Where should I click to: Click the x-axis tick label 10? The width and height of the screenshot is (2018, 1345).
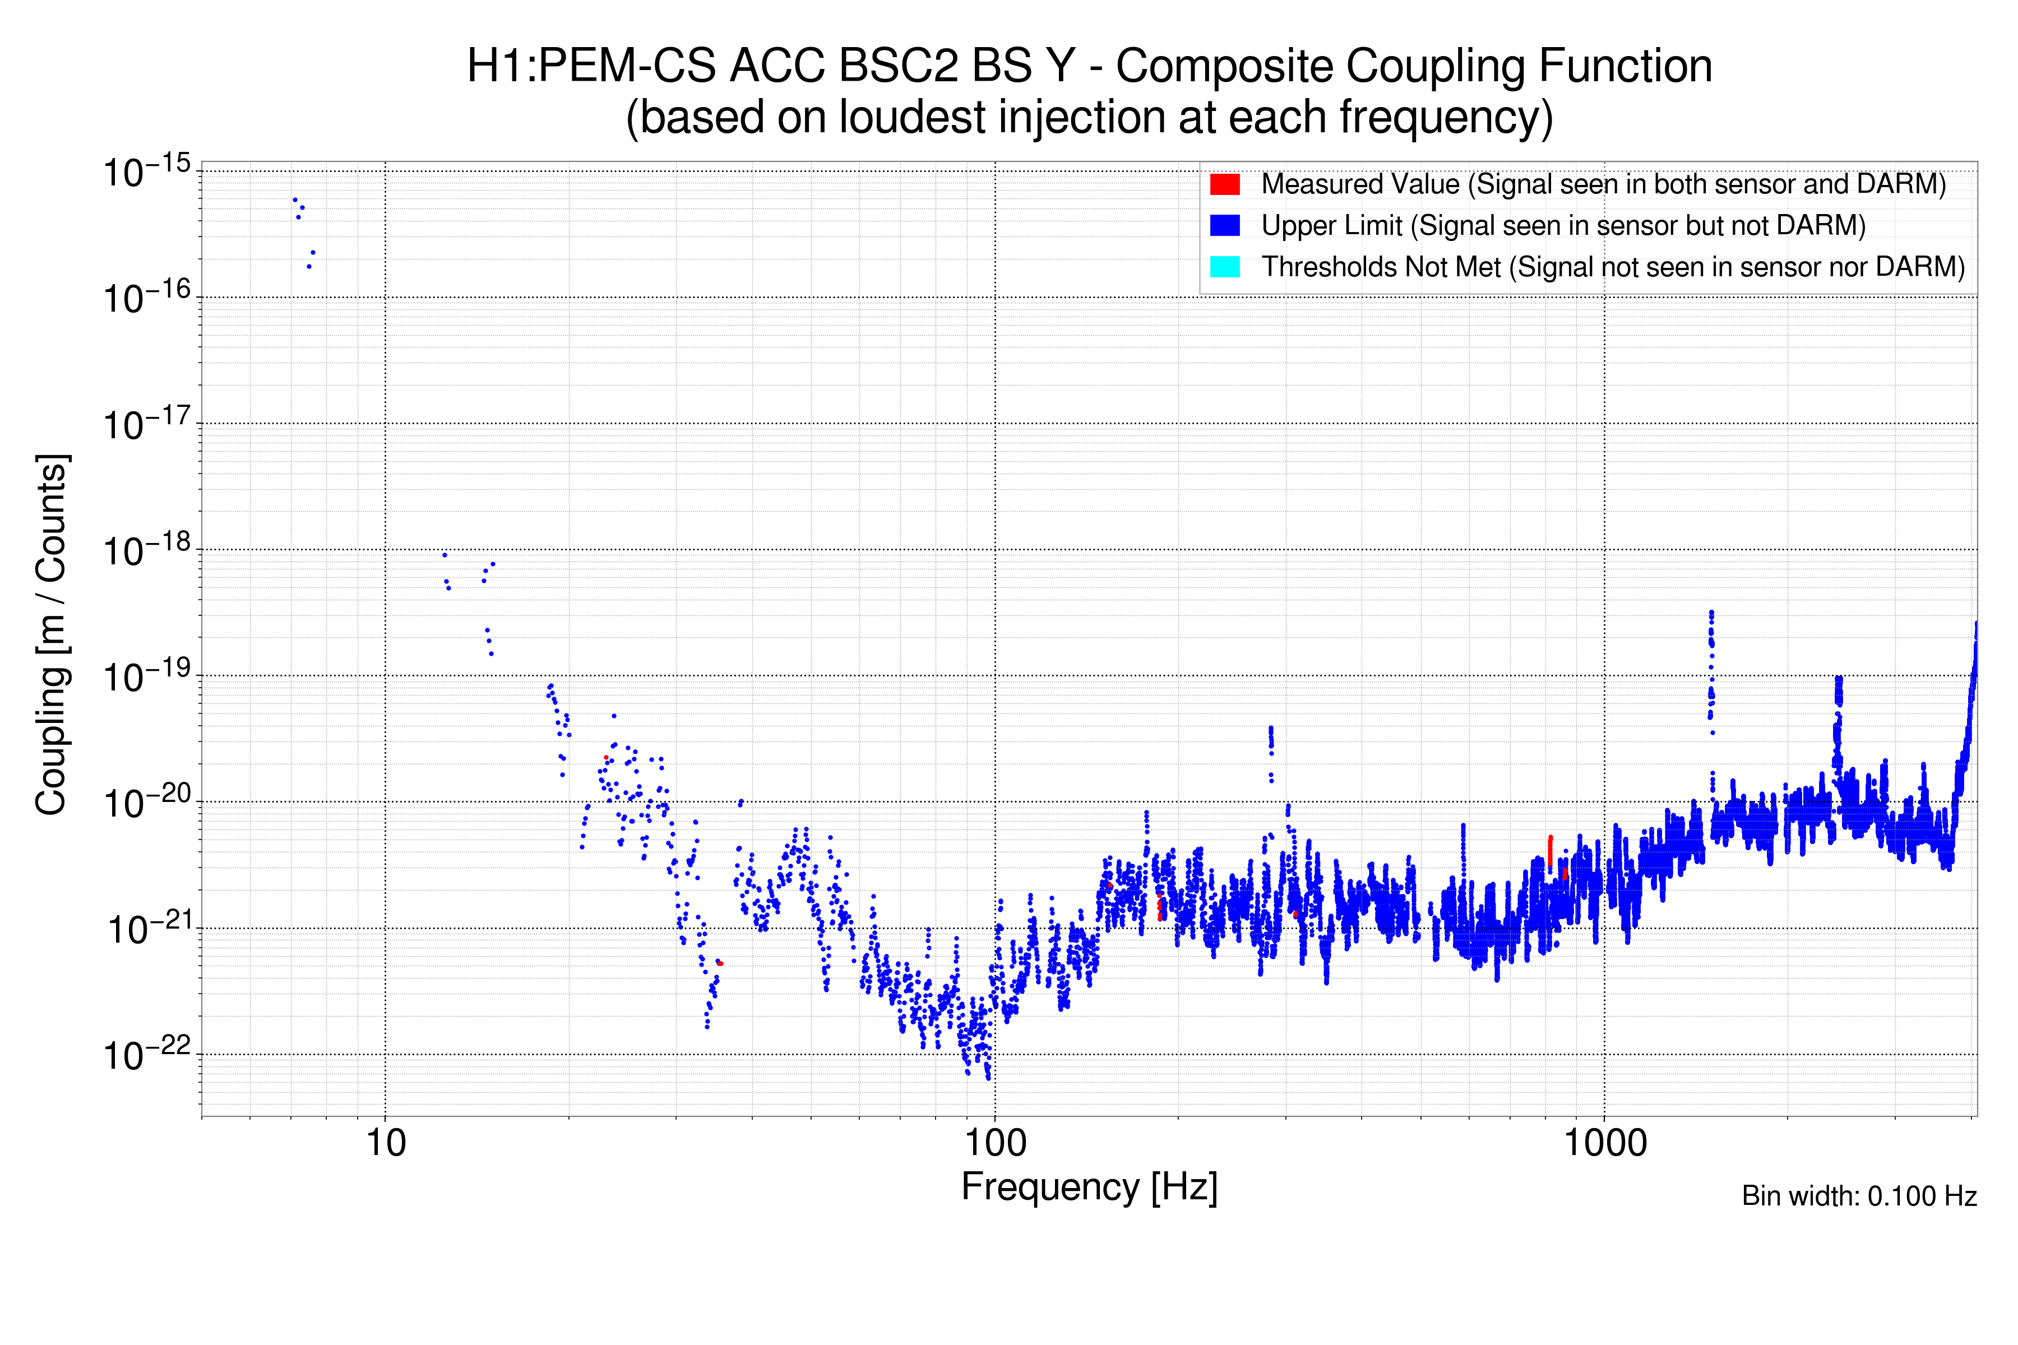(x=385, y=1143)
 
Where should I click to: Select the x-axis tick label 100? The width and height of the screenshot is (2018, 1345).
(x=994, y=1143)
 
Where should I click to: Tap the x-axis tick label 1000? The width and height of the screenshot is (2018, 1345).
(x=1604, y=1143)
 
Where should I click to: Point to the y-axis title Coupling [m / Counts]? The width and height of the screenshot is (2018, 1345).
(x=52, y=635)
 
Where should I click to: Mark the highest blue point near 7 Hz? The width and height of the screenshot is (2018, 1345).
(x=295, y=200)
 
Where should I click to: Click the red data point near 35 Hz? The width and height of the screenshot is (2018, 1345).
(x=720, y=963)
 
